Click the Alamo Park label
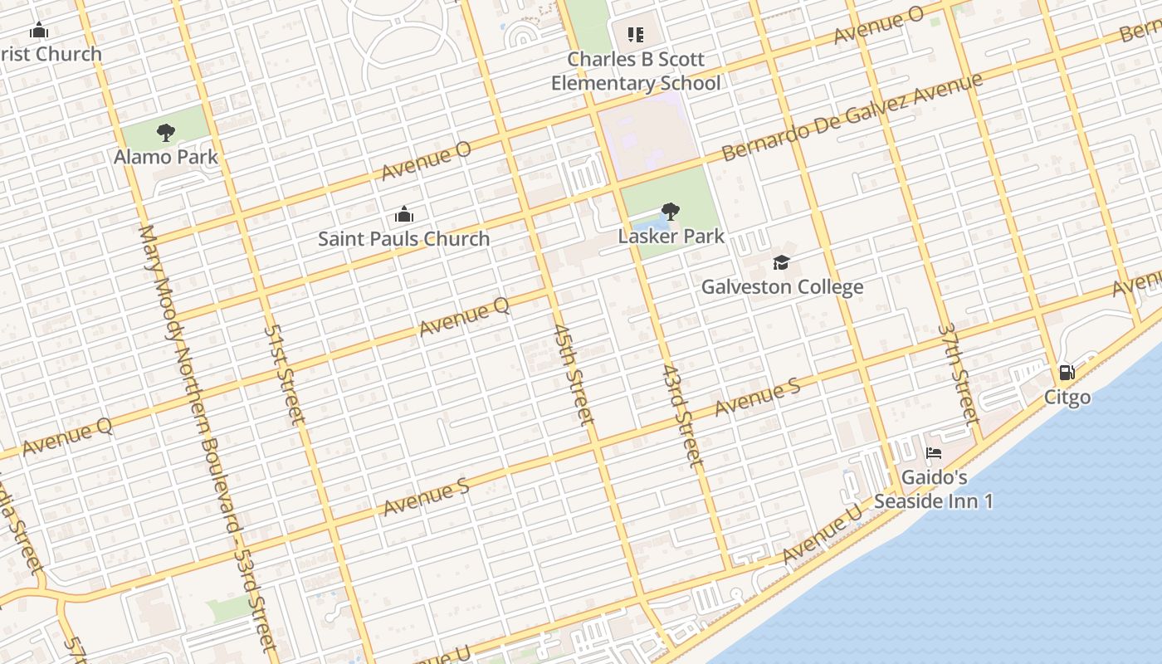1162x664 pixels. (166, 157)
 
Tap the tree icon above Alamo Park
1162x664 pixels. (166, 132)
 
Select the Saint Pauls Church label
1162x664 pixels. (404, 239)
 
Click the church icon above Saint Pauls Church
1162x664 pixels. (404, 215)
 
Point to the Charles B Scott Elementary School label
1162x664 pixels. (636, 71)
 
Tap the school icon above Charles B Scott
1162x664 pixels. (636, 35)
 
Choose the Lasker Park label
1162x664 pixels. (671, 236)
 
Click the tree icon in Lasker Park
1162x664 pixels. (671, 212)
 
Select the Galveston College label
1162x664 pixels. (782, 287)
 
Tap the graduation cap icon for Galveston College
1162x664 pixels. (781, 263)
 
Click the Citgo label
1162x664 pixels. (1067, 397)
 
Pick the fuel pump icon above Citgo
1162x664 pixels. (1067, 373)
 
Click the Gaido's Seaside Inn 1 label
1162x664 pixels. (934, 490)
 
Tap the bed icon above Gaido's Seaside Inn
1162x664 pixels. (934, 454)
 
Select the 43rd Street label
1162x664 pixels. (683, 414)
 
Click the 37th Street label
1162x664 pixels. (959, 373)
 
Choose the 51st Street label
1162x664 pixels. (285, 373)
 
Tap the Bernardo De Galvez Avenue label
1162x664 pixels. (852, 117)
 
